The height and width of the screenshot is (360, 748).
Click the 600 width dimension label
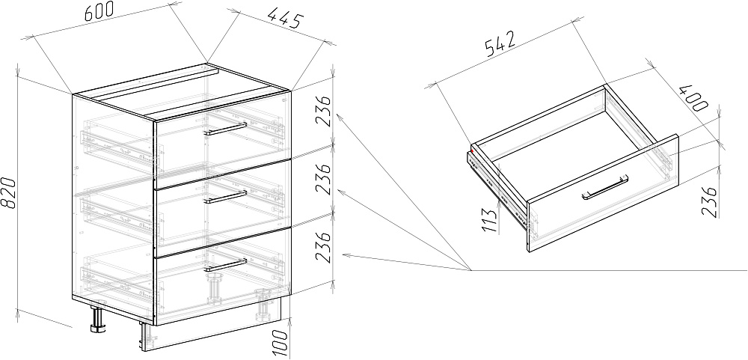99,11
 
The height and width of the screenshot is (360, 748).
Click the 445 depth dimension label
285,19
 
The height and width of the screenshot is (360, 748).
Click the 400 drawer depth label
693,98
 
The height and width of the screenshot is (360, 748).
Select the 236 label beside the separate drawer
711,202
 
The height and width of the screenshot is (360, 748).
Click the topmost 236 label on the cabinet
323,111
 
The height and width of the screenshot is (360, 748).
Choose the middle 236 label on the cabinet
323,179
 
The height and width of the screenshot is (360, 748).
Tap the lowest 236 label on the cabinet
323,247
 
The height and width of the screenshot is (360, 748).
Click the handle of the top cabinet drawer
225,129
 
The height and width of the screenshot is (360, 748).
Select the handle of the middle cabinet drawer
225,197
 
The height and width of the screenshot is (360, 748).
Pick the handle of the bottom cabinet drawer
225,266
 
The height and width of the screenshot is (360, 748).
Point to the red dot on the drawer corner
472,151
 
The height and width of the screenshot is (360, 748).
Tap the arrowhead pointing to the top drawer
340,117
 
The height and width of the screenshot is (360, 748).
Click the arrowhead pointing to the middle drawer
342,192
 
